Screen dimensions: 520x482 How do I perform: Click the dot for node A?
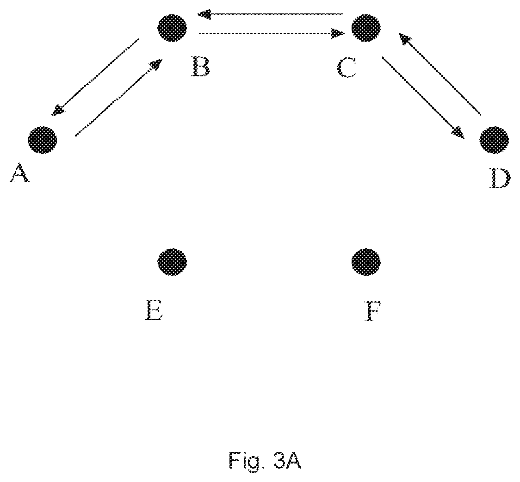point(43,140)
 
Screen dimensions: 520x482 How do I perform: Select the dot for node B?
point(172,28)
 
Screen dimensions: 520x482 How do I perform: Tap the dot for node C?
point(366,28)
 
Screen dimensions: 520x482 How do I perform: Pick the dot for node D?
point(494,140)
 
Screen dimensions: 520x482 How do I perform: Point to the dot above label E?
point(172,261)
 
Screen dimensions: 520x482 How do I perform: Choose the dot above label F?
point(366,261)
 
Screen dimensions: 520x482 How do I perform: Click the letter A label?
point(19,173)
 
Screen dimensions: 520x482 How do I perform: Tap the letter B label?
point(201,67)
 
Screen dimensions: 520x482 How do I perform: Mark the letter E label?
point(154,310)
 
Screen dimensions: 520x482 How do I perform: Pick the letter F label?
point(373,311)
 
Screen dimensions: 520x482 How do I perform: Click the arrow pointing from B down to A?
point(95,77)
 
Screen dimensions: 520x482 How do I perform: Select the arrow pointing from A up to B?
point(119,98)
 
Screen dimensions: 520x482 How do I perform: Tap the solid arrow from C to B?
point(270,14)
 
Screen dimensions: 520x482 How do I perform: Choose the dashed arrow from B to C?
point(272,33)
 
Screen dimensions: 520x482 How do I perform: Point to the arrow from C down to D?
point(423,98)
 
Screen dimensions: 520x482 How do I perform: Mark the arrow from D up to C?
point(440,74)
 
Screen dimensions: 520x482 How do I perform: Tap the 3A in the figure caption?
point(287,460)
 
